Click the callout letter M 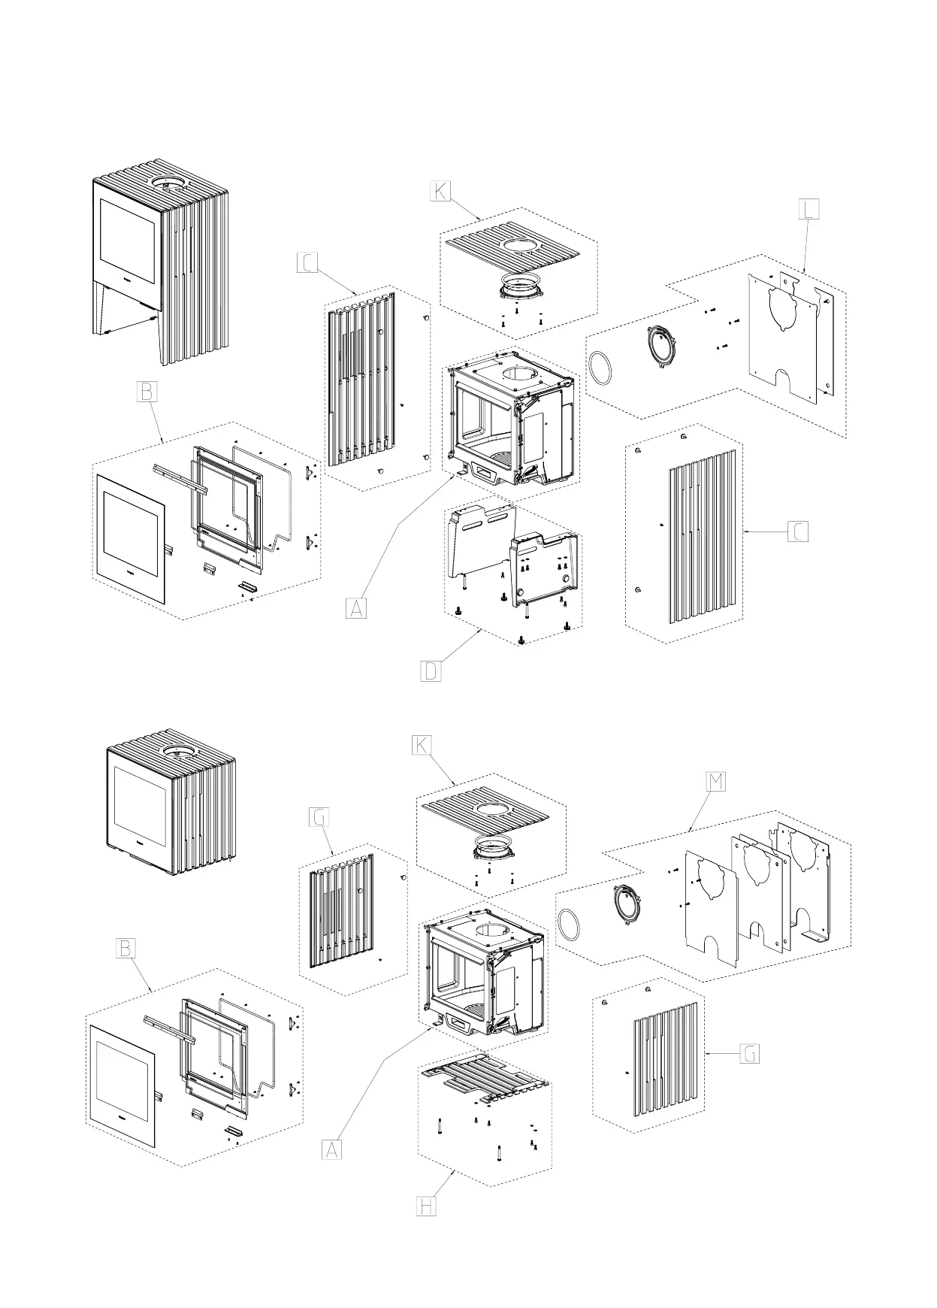point(716,781)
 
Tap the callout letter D point(431,671)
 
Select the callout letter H point(425,1228)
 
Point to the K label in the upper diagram point(440,191)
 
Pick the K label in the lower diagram point(422,745)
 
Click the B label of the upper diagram point(147,392)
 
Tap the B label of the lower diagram point(125,949)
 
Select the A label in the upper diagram point(357,607)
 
